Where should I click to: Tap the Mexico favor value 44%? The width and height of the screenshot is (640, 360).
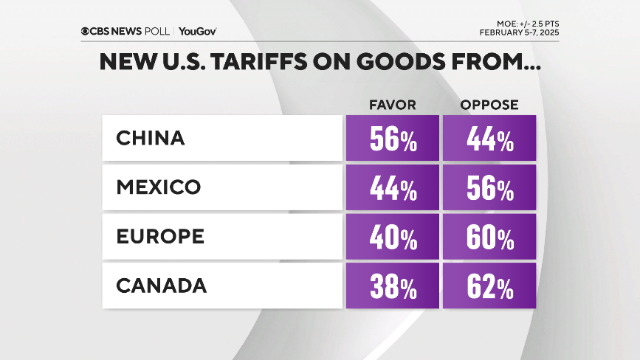click(393, 189)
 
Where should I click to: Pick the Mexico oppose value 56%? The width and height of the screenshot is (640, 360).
click(489, 189)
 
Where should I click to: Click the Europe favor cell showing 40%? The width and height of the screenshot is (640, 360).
click(393, 238)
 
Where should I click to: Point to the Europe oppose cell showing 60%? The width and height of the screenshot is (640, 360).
click(489, 238)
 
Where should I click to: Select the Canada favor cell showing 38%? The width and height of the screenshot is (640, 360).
click(393, 287)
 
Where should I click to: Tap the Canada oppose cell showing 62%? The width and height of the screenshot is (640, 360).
click(489, 287)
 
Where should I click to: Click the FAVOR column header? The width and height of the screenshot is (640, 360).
click(393, 105)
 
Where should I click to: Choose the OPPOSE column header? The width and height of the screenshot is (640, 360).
click(489, 105)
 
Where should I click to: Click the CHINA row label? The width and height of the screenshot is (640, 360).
click(150, 139)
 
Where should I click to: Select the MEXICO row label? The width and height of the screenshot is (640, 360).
click(158, 187)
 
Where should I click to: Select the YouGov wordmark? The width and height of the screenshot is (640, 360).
click(197, 31)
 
